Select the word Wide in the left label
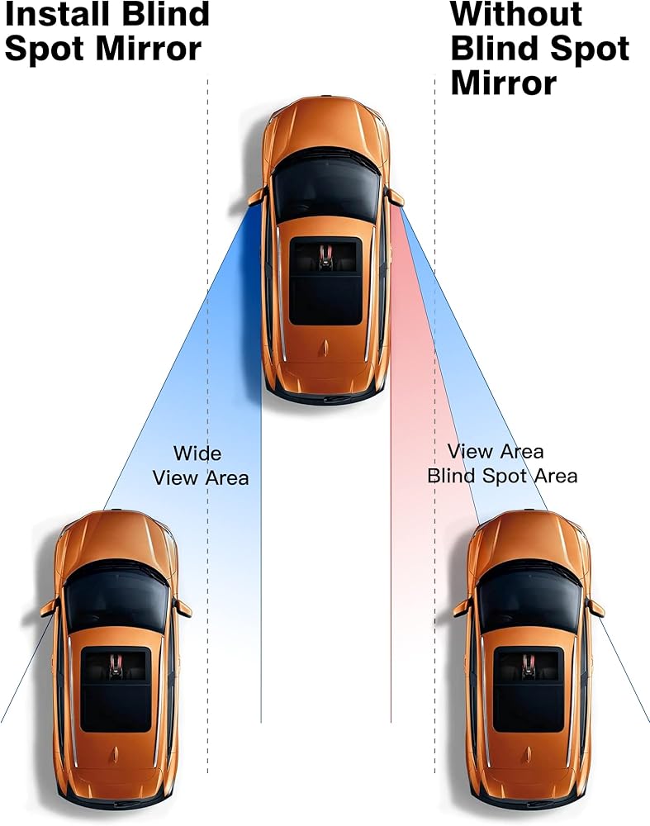point(197,453)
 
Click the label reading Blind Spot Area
point(502,477)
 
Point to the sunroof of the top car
point(325,280)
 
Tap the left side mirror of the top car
point(257,197)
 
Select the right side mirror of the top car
point(396,197)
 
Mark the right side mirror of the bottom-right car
point(595,608)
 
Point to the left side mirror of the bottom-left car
point(50,608)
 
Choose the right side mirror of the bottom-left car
point(183,608)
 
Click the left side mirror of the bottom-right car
point(462,608)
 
